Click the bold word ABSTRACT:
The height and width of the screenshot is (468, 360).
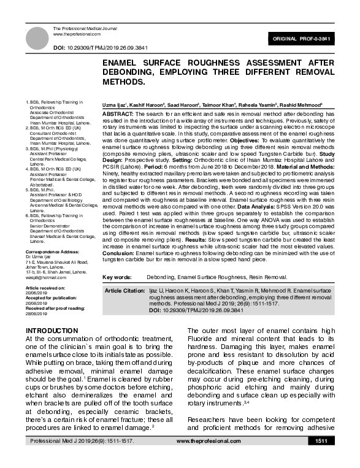pos(117,115)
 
